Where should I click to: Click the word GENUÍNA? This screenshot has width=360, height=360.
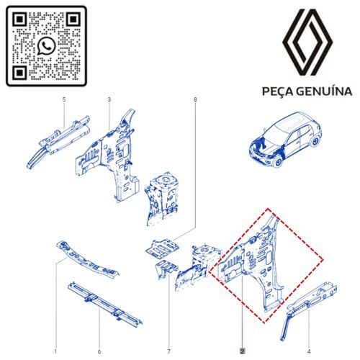pyautogui.click(x=325, y=92)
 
